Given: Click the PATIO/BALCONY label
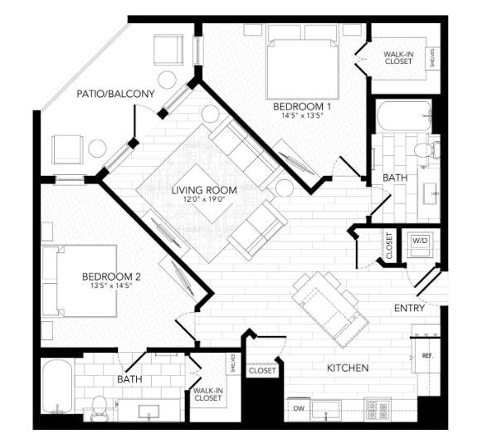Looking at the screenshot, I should (x=117, y=94).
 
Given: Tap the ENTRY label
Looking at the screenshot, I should (x=409, y=308).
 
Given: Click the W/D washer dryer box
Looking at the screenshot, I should (x=419, y=242).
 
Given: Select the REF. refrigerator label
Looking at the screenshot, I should (x=428, y=355).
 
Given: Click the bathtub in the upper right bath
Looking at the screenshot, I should (x=403, y=117).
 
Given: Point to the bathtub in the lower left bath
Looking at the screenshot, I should (x=57, y=387).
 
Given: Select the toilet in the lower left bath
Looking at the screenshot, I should (x=100, y=406).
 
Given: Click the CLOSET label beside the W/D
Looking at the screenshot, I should (x=389, y=246).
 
